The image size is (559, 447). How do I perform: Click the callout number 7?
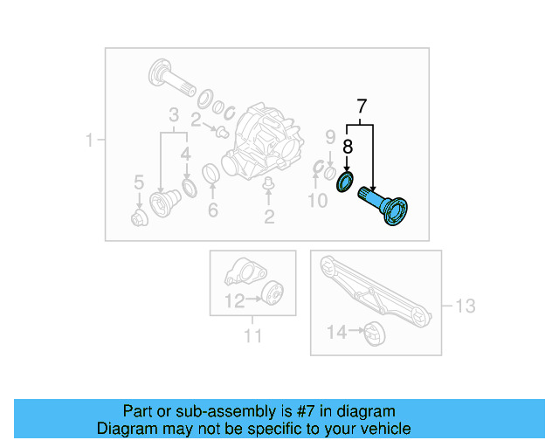click(x=362, y=108)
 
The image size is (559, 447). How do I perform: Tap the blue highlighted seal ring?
click(x=346, y=183)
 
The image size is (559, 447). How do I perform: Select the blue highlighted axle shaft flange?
click(x=390, y=211)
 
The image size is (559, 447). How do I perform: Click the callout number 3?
click(x=174, y=115)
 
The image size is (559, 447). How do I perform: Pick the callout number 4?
click(x=185, y=155)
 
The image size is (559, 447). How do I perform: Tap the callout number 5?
click(x=138, y=182)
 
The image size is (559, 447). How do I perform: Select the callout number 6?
click(x=211, y=210)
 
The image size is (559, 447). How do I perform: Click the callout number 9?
click(x=330, y=136)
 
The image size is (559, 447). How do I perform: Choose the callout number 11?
click(x=252, y=334)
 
